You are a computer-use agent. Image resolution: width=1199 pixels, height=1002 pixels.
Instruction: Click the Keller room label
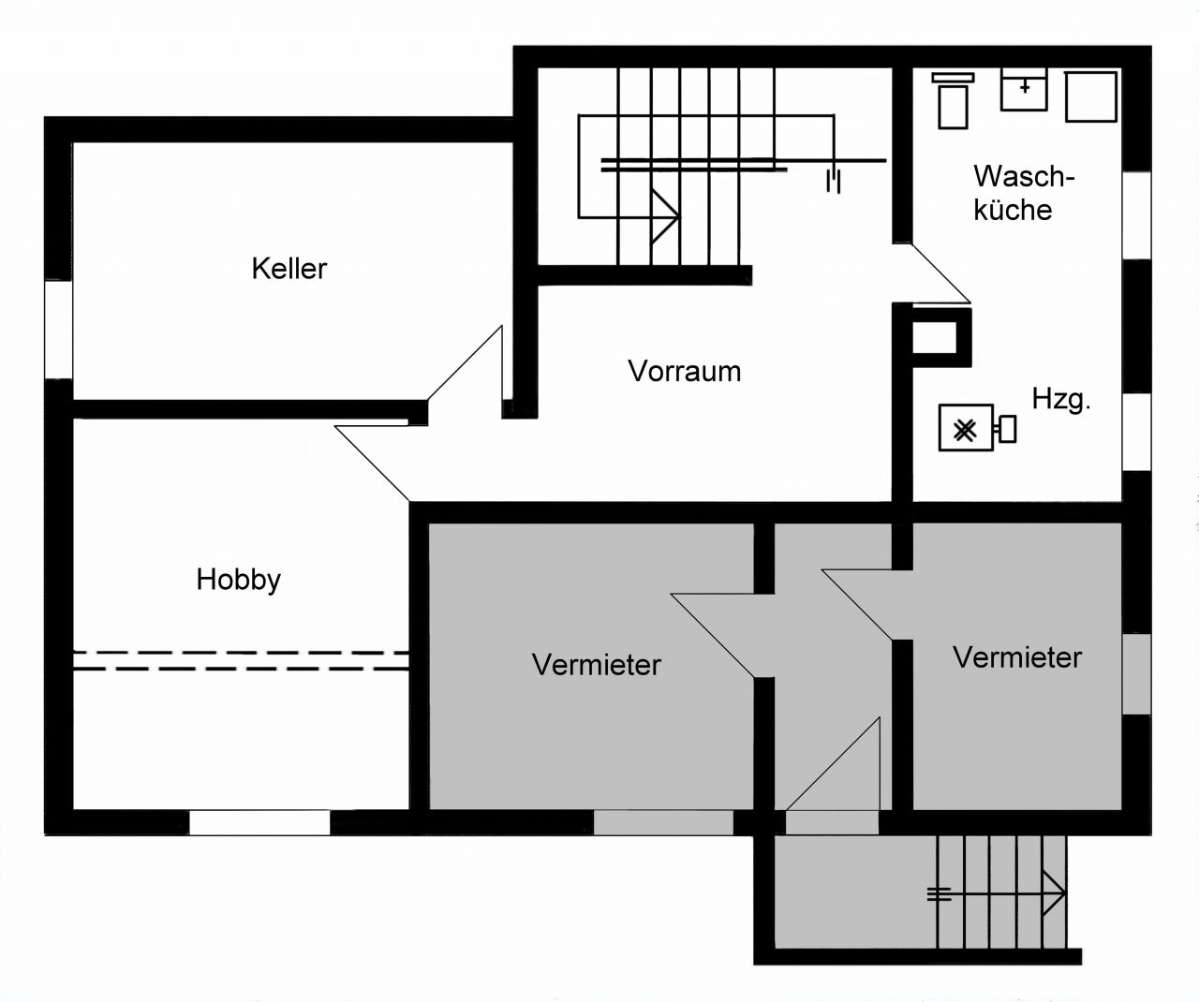click(x=289, y=269)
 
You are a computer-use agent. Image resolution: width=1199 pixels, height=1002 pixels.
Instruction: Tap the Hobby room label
click(x=238, y=580)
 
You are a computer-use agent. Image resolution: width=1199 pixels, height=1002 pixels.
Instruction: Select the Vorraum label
click(x=684, y=371)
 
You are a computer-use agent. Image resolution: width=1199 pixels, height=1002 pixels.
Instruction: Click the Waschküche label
click(x=1022, y=193)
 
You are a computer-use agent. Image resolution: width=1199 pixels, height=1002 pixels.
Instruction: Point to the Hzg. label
click(x=1061, y=399)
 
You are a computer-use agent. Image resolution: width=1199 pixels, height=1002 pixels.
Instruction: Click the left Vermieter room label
click(x=596, y=665)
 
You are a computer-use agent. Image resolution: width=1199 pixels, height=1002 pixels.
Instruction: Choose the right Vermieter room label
click(x=1016, y=657)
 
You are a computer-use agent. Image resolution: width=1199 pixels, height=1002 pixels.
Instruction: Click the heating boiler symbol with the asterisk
click(x=966, y=429)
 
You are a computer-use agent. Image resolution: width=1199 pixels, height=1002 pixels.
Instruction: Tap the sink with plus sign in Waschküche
click(x=1024, y=89)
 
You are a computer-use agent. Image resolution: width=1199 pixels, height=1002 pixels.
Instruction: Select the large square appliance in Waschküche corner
click(x=1091, y=96)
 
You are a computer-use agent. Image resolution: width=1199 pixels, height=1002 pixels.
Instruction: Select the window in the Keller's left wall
click(x=58, y=329)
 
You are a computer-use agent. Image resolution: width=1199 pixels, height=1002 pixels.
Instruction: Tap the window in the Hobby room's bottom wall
click(x=259, y=823)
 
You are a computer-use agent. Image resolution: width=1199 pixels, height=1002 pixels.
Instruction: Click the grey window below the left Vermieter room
click(x=663, y=823)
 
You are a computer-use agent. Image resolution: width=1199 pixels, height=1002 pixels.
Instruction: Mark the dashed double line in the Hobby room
click(x=241, y=660)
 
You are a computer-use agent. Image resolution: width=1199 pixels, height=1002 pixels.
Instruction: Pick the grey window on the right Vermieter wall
click(x=1136, y=673)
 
